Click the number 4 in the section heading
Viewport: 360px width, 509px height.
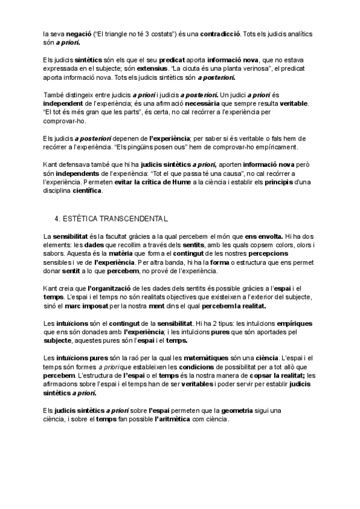coord(57,219)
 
